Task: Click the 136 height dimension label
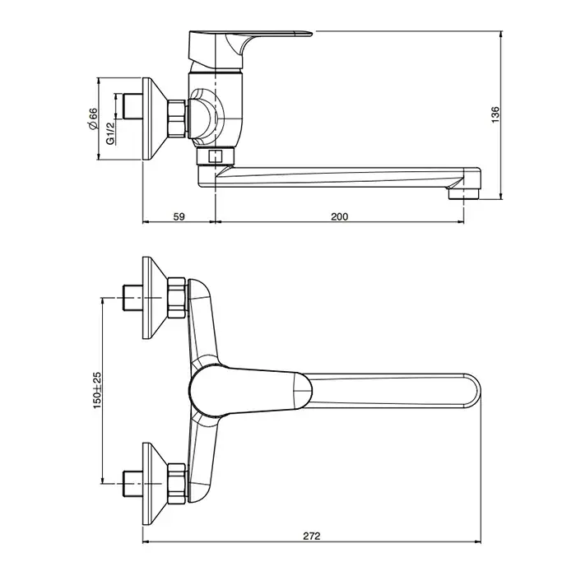click(495, 114)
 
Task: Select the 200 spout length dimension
click(339, 216)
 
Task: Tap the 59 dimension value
click(179, 216)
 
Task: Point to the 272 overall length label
click(312, 537)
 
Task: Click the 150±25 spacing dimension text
click(96, 391)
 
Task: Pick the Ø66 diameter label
click(93, 118)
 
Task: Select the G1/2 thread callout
click(110, 133)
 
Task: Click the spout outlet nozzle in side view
click(464, 193)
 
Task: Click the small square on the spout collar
click(214, 157)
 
